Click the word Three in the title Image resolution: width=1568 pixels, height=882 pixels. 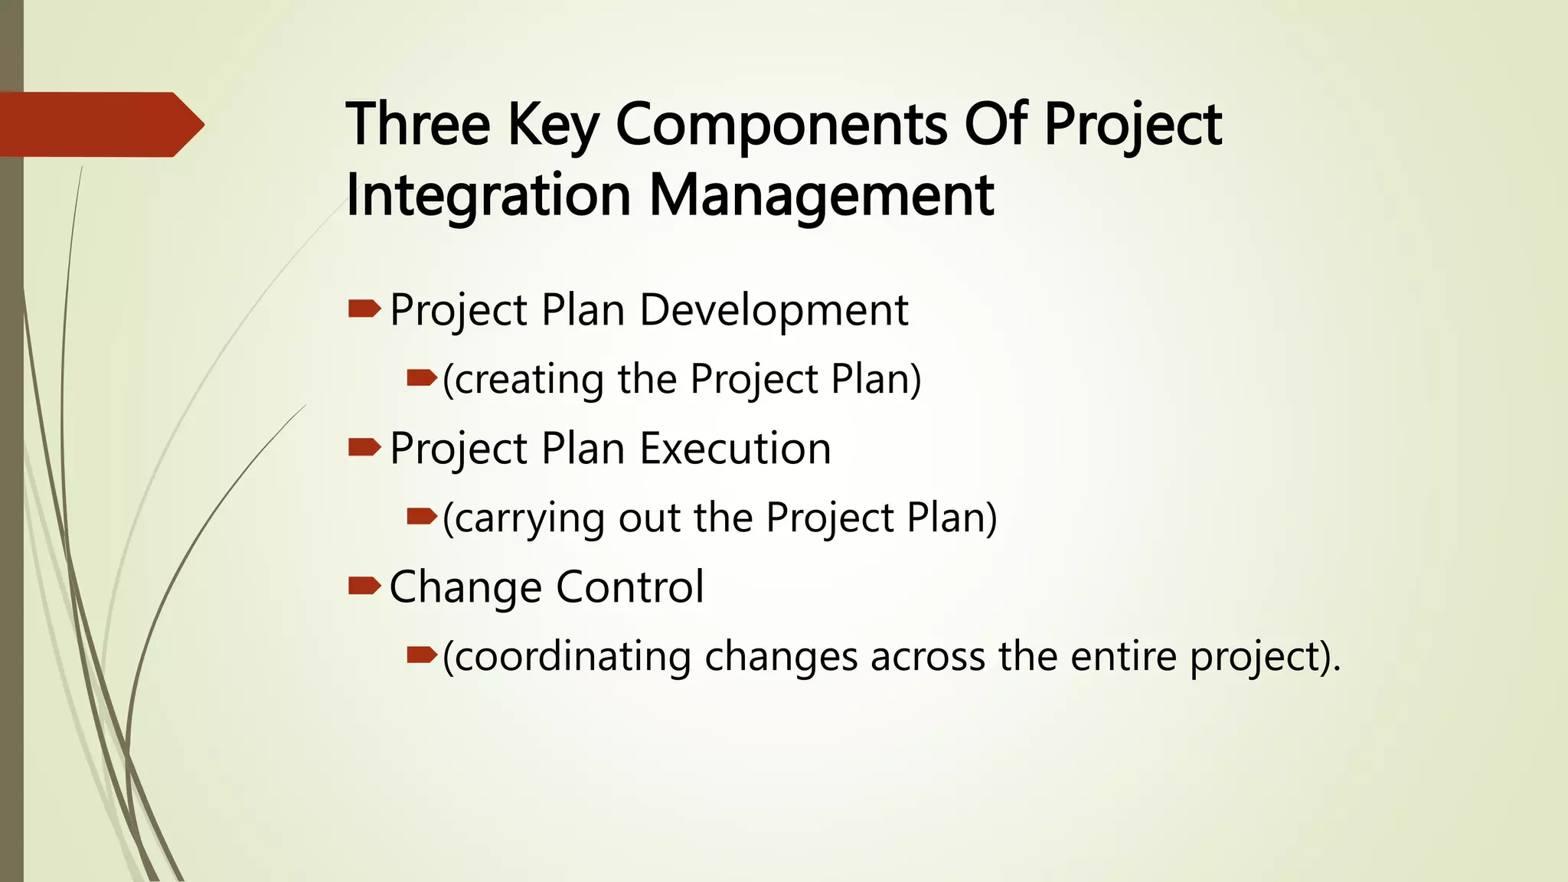tap(418, 124)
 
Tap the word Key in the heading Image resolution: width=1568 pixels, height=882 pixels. tap(553, 126)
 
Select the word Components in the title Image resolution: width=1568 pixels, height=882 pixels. tap(781, 126)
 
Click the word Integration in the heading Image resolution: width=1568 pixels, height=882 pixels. tap(488, 195)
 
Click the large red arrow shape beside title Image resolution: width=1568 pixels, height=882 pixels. tap(100, 125)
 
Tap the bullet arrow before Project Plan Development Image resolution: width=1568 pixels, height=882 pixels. tap(364, 309)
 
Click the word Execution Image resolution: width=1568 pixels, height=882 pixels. tap(735, 449)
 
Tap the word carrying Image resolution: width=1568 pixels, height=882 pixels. tap(528, 518)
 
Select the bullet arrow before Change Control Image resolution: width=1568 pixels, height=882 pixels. tap(364, 586)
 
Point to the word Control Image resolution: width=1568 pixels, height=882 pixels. tap(629, 587)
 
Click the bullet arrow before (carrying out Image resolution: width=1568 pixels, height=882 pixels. tap(421, 517)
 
